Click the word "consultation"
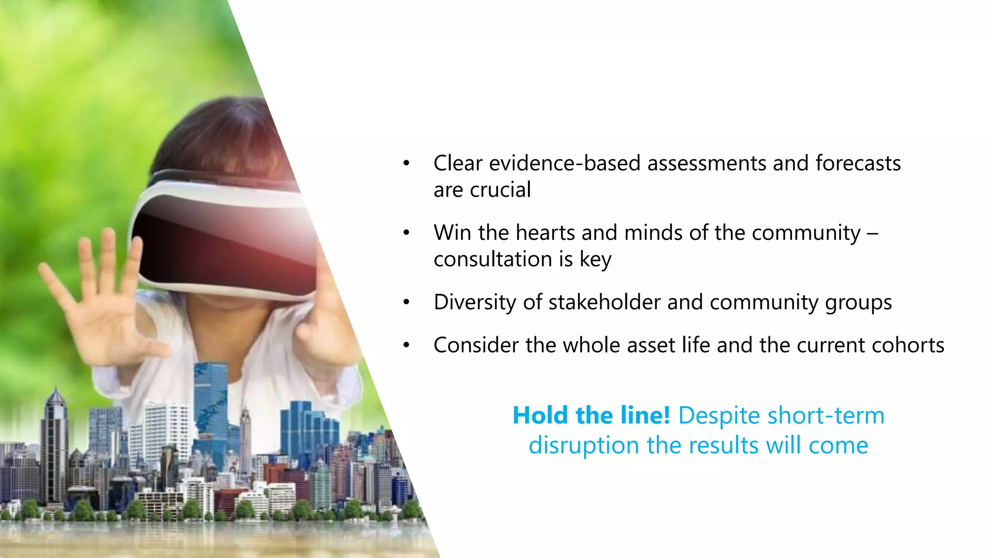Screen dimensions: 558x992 (x=493, y=259)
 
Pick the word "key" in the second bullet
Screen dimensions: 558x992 (x=595, y=260)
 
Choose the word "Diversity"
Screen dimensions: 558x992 (x=475, y=302)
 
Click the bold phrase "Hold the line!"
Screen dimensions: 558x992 (x=591, y=416)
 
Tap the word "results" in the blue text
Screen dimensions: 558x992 (x=724, y=446)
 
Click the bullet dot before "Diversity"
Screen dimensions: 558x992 (x=406, y=303)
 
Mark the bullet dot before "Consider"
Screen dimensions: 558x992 (x=406, y=346)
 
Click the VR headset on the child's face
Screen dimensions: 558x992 (x=223, y=237)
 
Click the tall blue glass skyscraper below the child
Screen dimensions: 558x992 (x=211, y=402)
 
